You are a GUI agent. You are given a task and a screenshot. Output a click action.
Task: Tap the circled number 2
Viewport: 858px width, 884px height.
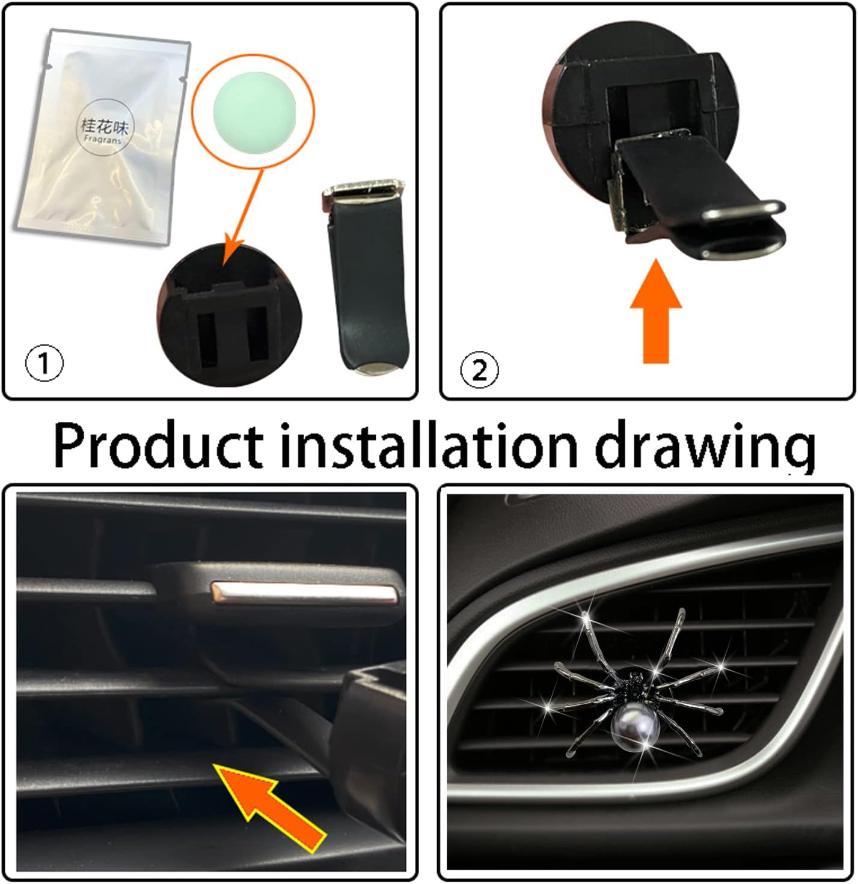479,370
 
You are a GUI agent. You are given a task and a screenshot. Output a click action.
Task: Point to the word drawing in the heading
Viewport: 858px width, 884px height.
705,450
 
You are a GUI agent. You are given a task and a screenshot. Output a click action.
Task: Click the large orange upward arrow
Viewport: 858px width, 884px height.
656,311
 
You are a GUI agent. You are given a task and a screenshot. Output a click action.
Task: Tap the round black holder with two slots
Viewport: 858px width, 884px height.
228,315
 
